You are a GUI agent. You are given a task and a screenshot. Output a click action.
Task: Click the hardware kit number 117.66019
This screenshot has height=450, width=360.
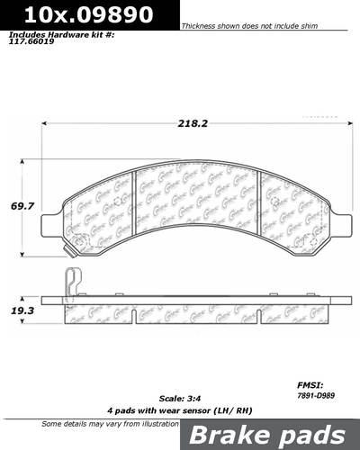(31, 46)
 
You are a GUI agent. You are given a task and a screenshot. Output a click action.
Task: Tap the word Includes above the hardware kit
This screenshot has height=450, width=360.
(27, 36)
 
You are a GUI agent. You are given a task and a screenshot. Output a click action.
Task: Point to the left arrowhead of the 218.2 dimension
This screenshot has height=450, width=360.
(44, 125)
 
